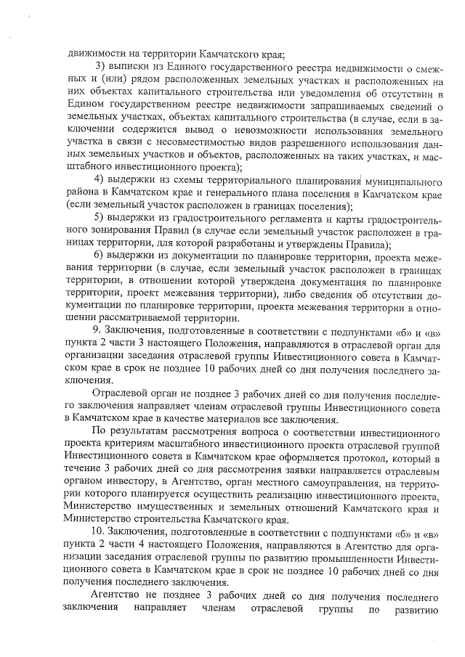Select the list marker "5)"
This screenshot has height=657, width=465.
(101, 219)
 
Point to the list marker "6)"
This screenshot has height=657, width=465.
(101, 258)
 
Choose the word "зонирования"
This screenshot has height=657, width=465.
(94, 232)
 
